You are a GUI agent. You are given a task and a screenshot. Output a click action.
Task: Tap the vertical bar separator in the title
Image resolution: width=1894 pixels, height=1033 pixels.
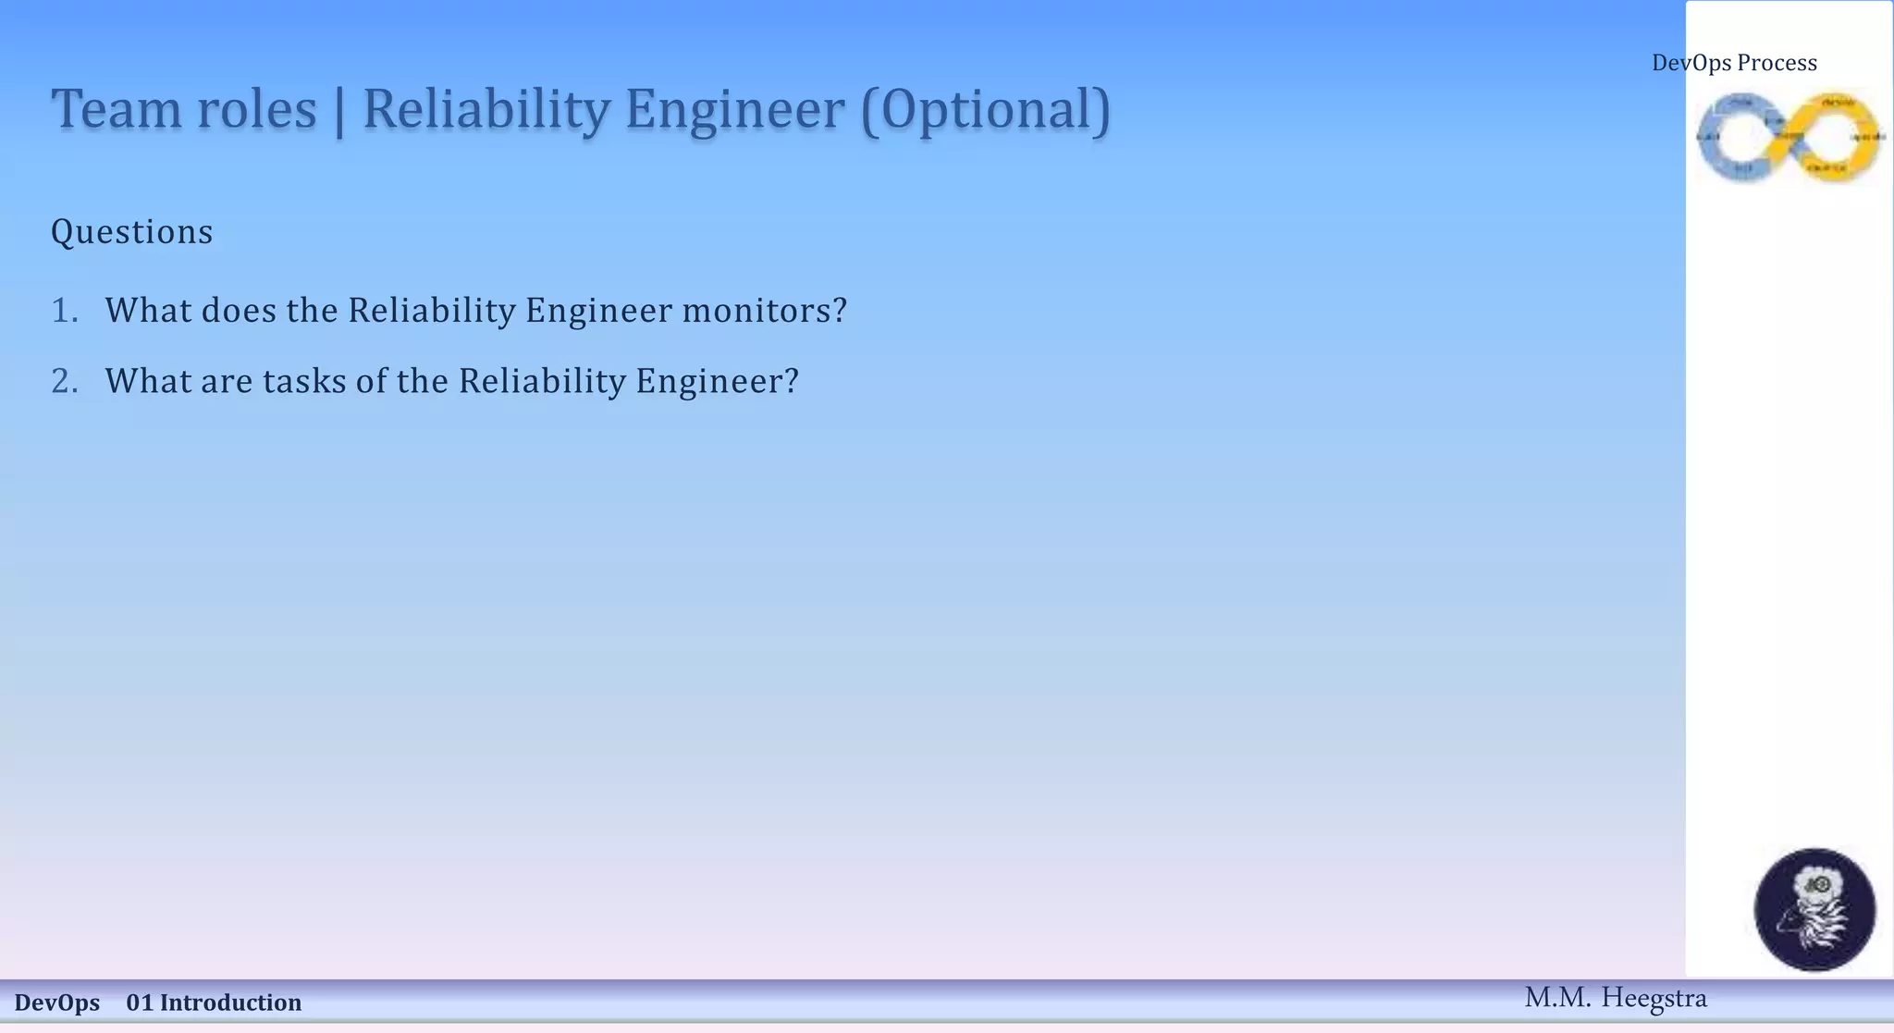tap(339, 111)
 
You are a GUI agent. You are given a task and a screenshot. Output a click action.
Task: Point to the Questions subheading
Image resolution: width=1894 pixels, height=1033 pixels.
tap(131, 232)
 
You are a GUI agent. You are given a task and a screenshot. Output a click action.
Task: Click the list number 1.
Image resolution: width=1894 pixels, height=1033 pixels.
tap(64, 311)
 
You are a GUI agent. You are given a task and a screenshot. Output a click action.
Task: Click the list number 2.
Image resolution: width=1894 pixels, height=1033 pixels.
tap(64, 381)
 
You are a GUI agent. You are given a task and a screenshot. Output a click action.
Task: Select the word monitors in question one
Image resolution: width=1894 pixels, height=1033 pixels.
tap(764, 311)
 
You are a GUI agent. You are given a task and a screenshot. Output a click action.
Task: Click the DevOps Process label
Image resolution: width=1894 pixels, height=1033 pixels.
tap(1734, 63)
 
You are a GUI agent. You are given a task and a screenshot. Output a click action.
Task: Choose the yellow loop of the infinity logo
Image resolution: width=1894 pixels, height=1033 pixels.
tap(1838, 137)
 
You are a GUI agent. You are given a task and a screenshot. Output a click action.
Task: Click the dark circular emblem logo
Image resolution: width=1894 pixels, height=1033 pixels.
tap(1814, 910)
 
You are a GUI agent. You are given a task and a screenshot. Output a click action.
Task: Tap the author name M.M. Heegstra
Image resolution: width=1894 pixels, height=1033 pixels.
tap(1615, 998)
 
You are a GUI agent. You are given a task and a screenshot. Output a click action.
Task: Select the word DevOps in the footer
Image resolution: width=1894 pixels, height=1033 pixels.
tap(57, 1002)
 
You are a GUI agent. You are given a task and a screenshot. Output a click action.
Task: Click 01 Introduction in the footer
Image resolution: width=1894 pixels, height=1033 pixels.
tap(214, 1002)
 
